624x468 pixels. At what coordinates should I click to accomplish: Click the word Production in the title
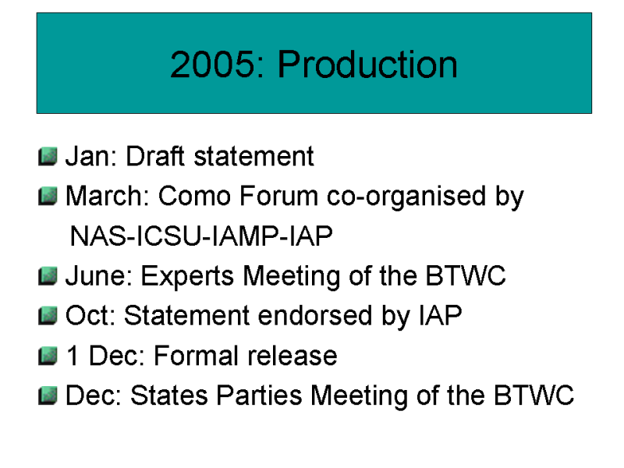click(367, 64)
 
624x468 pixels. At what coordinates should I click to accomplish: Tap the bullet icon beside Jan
click(48, 156)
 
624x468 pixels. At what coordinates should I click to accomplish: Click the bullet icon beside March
click(48, 197)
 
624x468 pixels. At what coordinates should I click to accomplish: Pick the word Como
click(194, 196)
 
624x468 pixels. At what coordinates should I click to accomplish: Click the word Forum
click(278, 196)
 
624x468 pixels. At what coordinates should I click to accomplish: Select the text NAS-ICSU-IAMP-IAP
click(201, 236)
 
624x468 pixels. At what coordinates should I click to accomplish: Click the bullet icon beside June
click(48, 276)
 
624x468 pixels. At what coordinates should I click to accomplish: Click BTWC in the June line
click(466, 275)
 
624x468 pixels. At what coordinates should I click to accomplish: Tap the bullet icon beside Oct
click(48, 316)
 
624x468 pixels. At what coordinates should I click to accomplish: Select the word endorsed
click(315, 315)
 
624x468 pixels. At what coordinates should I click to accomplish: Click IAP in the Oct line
click(440, 315)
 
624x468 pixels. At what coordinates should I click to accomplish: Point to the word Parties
click(260, 395)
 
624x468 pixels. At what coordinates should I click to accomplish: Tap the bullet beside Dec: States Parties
click(48, 395)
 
